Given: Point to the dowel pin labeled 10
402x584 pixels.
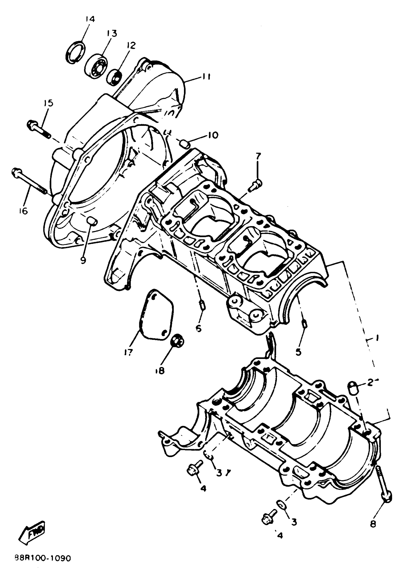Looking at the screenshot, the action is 185,144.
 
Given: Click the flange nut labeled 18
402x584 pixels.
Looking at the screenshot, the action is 177,342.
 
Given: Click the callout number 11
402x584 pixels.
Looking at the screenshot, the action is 206,77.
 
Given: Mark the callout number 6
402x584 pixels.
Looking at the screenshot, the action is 199,328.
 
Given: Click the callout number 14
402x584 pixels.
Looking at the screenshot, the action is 90,19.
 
